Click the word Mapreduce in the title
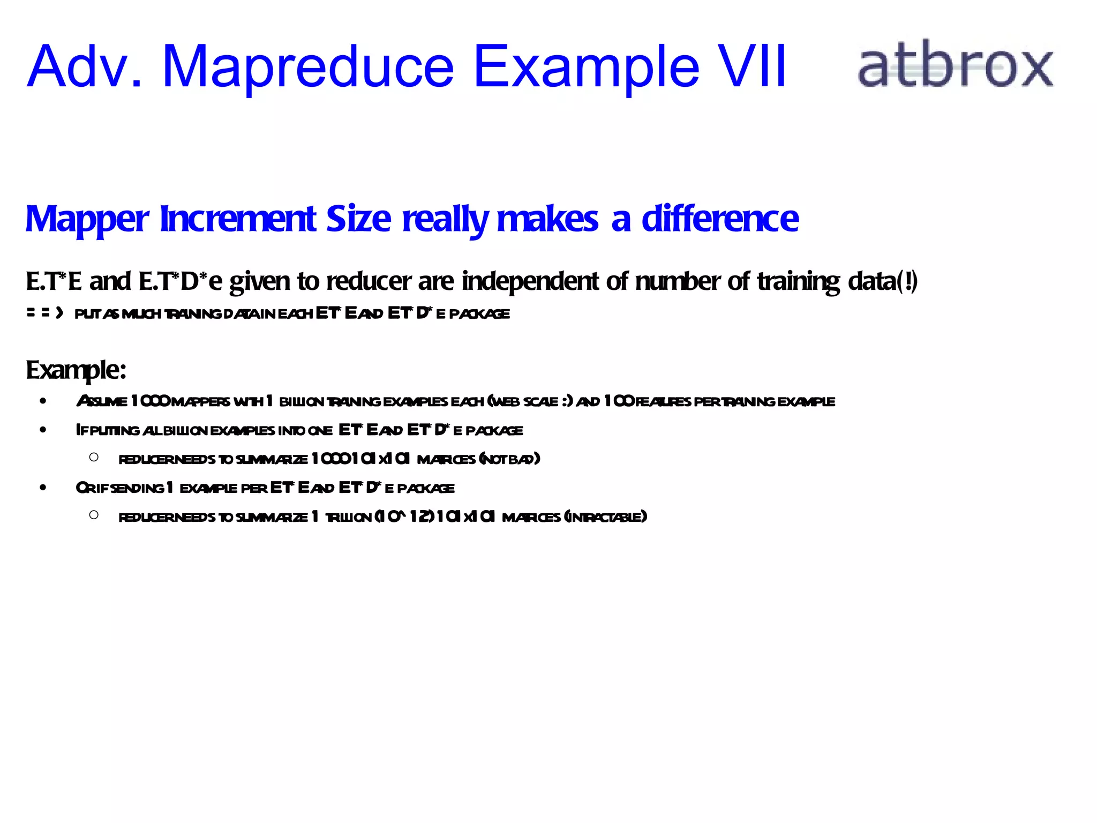point(308,67)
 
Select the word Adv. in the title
point(85,67)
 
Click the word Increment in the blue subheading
point(238,219)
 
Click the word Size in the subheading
point(358,219)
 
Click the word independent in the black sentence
point(530,281)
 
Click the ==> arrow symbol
point(45,313)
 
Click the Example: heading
point(76,370)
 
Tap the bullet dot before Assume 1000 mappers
point(43,401)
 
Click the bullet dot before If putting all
point(43,430)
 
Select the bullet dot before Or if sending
point(43,488)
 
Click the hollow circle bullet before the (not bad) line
point(94,458)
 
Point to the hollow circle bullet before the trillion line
point(94,515)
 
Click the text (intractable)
point(605,517)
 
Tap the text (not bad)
point(509,459)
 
